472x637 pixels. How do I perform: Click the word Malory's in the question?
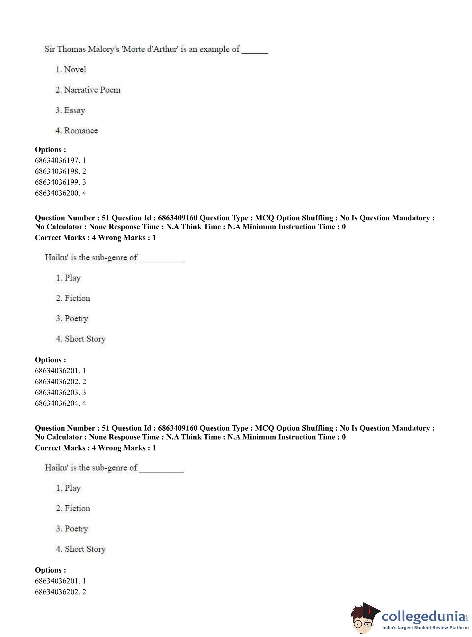coord(103,49)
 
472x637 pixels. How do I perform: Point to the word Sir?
coord(49,49)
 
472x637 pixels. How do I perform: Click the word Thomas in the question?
coord(71,49)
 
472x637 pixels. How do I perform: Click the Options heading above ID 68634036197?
coord(50,149)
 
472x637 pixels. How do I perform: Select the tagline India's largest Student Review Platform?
coord(425,627)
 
